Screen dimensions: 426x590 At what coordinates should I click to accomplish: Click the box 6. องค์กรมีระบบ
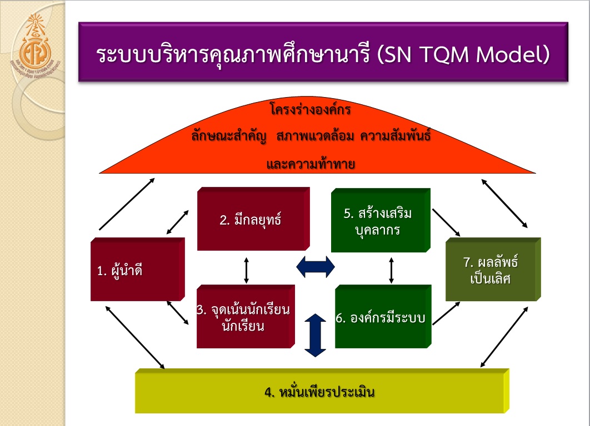(x=382, y=317)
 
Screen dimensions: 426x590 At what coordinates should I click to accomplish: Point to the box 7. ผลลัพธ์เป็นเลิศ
(x=491, y=270)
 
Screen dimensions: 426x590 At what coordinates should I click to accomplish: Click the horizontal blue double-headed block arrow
(x=316, y=266)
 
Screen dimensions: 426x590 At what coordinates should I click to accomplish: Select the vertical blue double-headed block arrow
(x=315, y=335)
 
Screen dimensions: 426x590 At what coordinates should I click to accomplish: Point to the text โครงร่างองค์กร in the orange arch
(x=311, y=110)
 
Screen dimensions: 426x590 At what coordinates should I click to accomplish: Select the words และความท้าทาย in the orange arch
(x=311, y=164)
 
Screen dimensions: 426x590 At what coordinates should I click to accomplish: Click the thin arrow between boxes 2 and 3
(x=247, y=270)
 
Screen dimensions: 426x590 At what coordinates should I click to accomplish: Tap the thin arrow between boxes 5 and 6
(x=391, y=270)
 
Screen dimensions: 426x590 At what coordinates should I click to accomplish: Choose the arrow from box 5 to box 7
(x=446, y=222)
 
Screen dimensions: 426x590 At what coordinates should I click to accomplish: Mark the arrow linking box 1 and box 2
(x=177, y=221)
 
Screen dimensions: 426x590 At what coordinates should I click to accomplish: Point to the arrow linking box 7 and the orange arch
(x=504, y=204)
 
